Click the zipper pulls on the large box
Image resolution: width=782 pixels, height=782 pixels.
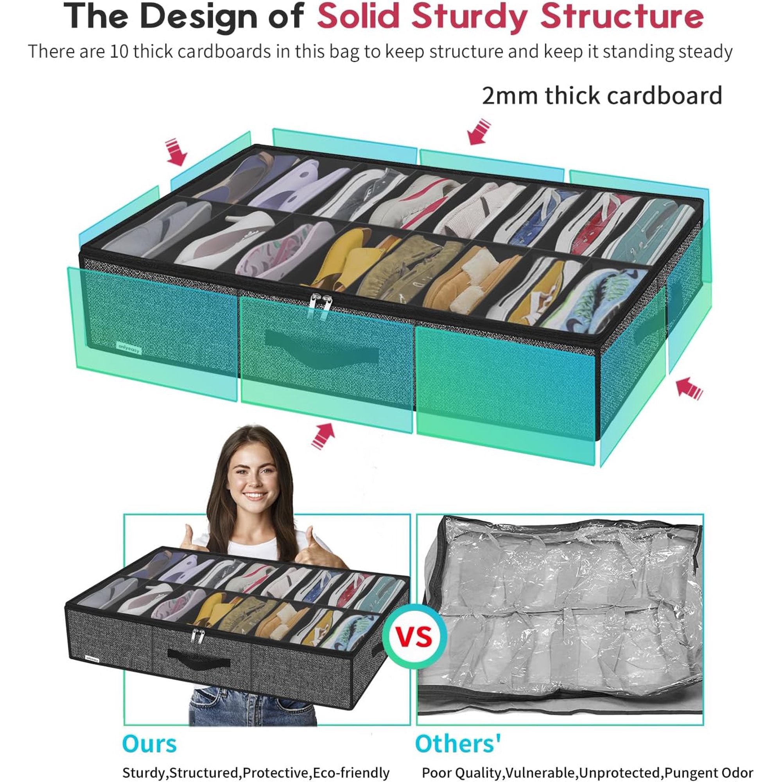[x=318, y=307]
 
